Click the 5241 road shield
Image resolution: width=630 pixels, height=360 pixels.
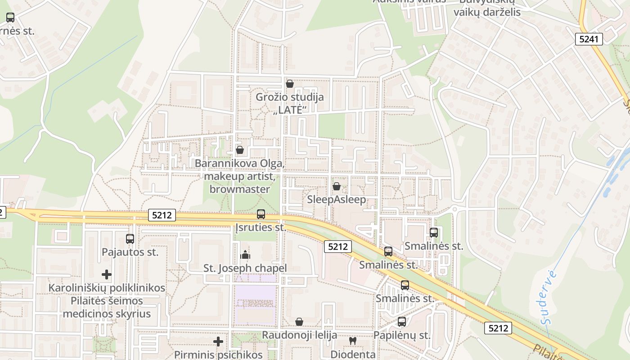click(589, 39)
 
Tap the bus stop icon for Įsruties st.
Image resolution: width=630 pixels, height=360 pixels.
click(261, 214)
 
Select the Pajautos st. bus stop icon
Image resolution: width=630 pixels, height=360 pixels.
click(130, 239)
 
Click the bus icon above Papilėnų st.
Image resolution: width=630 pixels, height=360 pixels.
click(402, 322)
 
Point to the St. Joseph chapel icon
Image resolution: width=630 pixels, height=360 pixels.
click(245, 255)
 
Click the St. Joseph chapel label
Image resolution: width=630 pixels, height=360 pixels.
click(245, 268)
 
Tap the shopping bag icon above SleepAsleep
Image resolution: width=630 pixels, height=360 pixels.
click(336, 186)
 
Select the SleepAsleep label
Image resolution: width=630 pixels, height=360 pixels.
click(337, 199)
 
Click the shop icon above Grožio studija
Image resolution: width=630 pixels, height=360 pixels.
click(290, 84)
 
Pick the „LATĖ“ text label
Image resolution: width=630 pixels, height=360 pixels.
click(290, 110)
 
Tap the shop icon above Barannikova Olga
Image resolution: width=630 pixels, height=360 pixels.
click(240, 150)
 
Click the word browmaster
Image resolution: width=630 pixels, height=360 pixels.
click(239, 189)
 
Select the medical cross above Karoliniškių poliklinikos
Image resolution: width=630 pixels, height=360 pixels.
click(107, 274)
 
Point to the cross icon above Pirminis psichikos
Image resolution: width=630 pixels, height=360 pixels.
click(218, 342)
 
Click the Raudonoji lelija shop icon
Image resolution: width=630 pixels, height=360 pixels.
click(299, 322)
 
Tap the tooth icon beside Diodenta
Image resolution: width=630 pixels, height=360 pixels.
click(353, 341)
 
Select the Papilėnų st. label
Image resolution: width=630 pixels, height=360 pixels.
click(402, 335)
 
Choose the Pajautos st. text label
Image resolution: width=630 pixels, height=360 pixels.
click(130, 252)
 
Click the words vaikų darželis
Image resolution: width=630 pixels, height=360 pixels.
click(487, 12)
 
